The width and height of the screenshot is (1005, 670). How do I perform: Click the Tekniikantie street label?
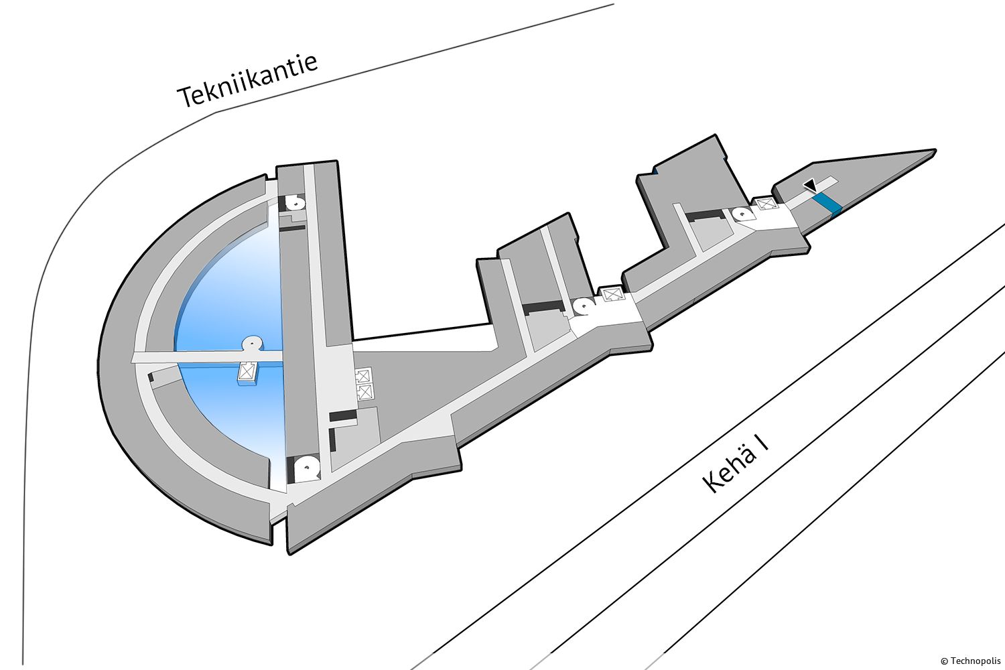pyautogui.click(x=248, y=81)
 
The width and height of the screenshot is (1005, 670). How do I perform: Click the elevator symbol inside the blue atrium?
pyautogui.click(x=247, y=371)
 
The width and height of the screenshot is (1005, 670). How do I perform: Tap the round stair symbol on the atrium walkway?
pyautogui.click(x=253, y=343)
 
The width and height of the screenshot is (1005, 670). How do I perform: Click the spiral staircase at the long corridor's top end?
pyautogui.click(x=296, y=203)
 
